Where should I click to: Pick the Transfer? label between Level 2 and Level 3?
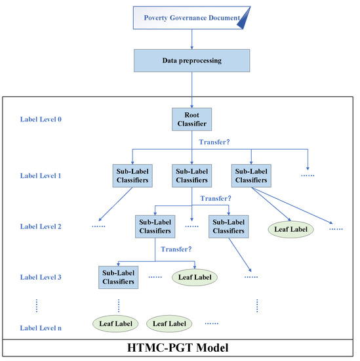click(176, 249)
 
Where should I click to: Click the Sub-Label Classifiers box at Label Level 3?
click(119, 276)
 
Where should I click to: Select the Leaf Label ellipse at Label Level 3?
click(194, 277)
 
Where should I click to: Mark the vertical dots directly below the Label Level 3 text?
click(37, 305)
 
